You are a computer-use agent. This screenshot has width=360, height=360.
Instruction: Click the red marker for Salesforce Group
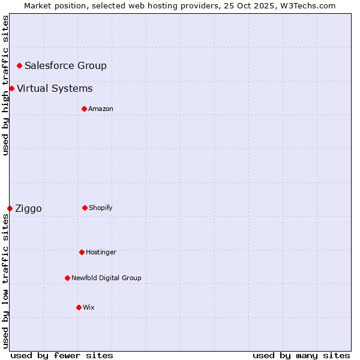click(19, 65)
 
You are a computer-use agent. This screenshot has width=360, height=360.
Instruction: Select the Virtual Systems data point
click(12, 89)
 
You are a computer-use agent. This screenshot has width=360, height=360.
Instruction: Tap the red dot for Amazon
click(84, 109)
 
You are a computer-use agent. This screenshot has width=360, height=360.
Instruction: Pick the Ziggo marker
click(10, 208)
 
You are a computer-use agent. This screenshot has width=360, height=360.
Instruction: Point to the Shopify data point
click(85, 208)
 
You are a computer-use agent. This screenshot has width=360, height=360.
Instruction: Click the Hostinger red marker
click(82, 252)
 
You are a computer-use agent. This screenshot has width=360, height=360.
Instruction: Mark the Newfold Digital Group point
click(67, 278)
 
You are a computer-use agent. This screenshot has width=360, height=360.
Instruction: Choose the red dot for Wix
click(79, 307)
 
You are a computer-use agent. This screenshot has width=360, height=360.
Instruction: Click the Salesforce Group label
click(65, 65)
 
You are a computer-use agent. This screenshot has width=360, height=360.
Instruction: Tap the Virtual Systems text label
click(55, 89)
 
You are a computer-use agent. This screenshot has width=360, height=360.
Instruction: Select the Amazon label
click(101, 109)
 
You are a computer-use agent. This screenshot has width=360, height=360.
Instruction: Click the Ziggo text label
click(28, 209)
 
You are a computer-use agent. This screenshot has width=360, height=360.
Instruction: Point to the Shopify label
click(101, 208)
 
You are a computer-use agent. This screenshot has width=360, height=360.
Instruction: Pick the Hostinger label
click(101, 252)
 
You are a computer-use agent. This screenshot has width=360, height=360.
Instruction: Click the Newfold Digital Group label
click(106, 278)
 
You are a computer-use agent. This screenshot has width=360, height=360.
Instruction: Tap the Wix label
click(89, 307)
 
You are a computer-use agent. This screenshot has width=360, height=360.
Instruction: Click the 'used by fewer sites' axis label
click(62, 355)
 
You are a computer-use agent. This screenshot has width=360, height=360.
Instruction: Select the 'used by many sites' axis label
click(301, 355)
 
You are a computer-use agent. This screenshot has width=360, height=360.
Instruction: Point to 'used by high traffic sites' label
click(5, 85)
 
